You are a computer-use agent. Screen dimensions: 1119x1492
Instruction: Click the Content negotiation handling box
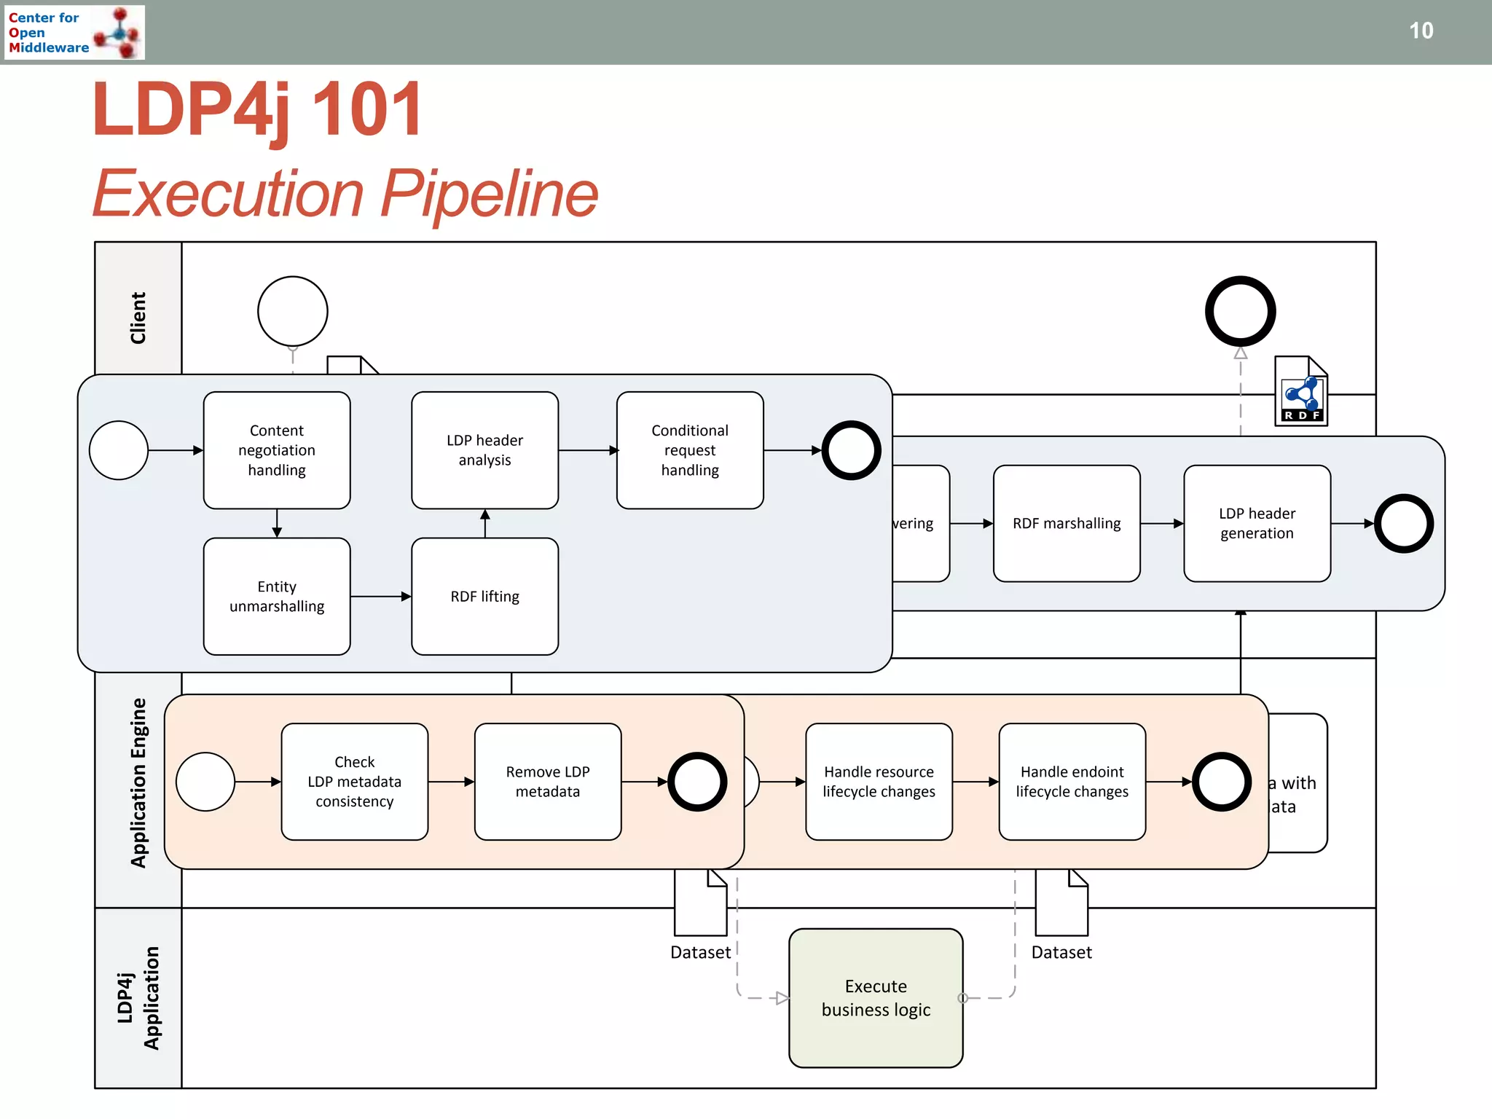coord(277,450)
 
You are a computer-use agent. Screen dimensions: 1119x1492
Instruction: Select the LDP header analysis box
coord(484,450)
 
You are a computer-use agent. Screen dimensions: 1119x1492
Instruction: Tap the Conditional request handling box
coord(690,450)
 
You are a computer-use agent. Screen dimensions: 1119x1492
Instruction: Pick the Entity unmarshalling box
coord(277,596)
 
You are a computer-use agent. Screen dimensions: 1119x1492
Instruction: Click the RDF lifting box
coord(484,596)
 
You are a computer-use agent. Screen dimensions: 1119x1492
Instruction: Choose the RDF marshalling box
coord(1067,523)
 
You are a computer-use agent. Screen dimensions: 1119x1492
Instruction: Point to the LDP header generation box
coord(1257,523)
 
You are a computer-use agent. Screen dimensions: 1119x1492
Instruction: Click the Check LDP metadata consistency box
coord(355,781)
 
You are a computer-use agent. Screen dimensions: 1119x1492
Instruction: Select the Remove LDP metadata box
coord(548,781)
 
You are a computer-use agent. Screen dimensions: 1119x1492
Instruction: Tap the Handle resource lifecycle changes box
coord(879,781)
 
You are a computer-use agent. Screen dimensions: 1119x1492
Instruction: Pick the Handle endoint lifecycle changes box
coord(1072,781)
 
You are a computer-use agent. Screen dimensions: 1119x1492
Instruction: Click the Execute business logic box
coord(876,997)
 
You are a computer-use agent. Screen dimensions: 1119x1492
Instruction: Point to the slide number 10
coord(1421,31)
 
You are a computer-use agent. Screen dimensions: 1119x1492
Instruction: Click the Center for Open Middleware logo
coord(74,32)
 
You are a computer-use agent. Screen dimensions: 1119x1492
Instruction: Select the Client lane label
coord(138,318)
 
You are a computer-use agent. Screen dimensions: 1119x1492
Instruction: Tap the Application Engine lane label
coord(138,783)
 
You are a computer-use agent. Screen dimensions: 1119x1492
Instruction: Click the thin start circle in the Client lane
coord(293,311)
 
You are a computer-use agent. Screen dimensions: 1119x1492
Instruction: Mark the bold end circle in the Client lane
coord(1240,311)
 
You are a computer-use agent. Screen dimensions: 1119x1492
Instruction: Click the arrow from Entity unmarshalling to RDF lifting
coord(380,597)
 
